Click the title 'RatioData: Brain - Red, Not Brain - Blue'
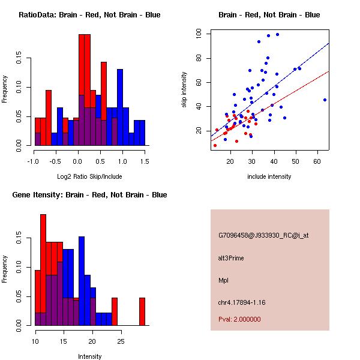(x=89, y=15)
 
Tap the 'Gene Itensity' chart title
(x=89, y=195)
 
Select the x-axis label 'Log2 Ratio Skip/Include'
(x=89, y=176)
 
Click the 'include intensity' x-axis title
(x=269, y=176)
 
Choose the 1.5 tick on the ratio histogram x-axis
(x=145, y=161)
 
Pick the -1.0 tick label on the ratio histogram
(x=34, y=161)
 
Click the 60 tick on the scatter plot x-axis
(x=317, y=161)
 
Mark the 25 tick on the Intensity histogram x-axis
(x=121, y=341)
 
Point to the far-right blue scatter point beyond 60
(x=325, y=100)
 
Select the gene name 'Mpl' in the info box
(x=223, y=280)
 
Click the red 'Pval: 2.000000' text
(x=239, y=319)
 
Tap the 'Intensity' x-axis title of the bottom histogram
(x=89, y=356)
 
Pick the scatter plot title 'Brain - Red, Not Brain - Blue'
(x=269, y=15)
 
